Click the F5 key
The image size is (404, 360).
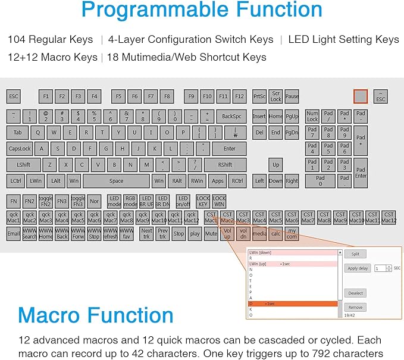[x=118, y=96]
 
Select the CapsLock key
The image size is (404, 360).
[x=20, y=149]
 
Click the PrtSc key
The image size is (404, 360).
[x=259, y=96]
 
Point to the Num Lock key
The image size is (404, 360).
[x=312, y=116]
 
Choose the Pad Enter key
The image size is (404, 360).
[x=361, y=172]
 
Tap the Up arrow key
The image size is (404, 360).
[x=275, y=165]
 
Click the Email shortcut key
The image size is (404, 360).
[x=13, y=234]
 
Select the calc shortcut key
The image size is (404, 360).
[x=275, y=234]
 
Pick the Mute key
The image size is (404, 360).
[x=211, y=234]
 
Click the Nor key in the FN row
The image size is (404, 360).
[x=94, y=201]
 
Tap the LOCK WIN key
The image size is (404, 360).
[x=219, y=201]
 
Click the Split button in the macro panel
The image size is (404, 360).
[x=355, y=253]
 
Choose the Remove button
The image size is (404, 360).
[x=355, y=307]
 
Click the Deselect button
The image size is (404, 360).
[x=356, y=293]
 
